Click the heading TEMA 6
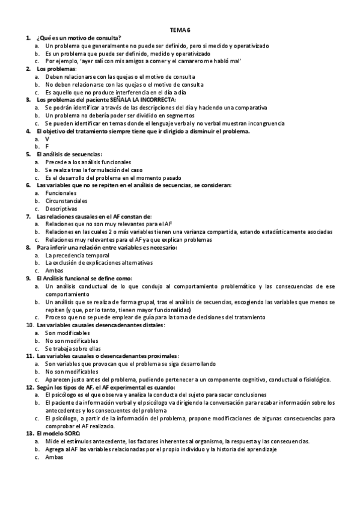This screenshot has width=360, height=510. click(180, 29)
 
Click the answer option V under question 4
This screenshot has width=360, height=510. click(47, 138)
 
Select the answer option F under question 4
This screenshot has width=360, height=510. click(47, 146)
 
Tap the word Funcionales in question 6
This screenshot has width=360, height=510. click(61, 193)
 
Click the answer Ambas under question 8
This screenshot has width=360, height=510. click(54, 271)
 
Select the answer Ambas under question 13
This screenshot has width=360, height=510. click(54, 457)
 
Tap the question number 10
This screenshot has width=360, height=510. click(29, 325)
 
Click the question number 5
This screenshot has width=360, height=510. click(28, 154)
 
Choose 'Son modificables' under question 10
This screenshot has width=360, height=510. click(67, 333)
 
